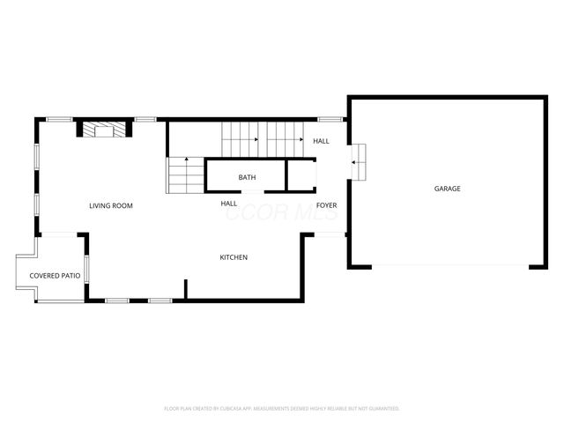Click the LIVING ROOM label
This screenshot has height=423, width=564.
point(111,205)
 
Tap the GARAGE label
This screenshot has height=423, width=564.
point(447,189)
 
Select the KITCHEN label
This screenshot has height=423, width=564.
point(234,257)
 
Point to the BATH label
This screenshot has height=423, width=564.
point(247,178)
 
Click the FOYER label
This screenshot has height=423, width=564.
point(327,205)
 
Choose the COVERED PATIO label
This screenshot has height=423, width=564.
point(55,276)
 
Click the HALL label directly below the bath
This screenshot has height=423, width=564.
point(229,204)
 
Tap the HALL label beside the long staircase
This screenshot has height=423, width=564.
point(322,141)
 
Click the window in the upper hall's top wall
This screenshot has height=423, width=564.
point(330,120)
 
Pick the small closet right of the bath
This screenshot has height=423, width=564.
point(301,174)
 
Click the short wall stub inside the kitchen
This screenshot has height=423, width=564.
point(186,289)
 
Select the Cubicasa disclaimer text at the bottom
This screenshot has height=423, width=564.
point(282,408)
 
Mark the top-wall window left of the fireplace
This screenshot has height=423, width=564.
point(59,120)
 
